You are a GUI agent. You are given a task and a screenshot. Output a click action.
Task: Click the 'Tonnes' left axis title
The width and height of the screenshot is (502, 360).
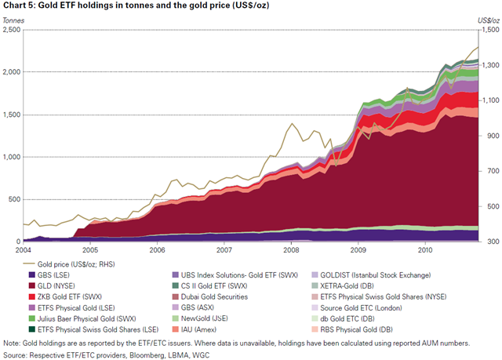click(x=13, y=20)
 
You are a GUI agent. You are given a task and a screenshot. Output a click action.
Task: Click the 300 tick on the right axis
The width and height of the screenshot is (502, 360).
click(x=488, y=242)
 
